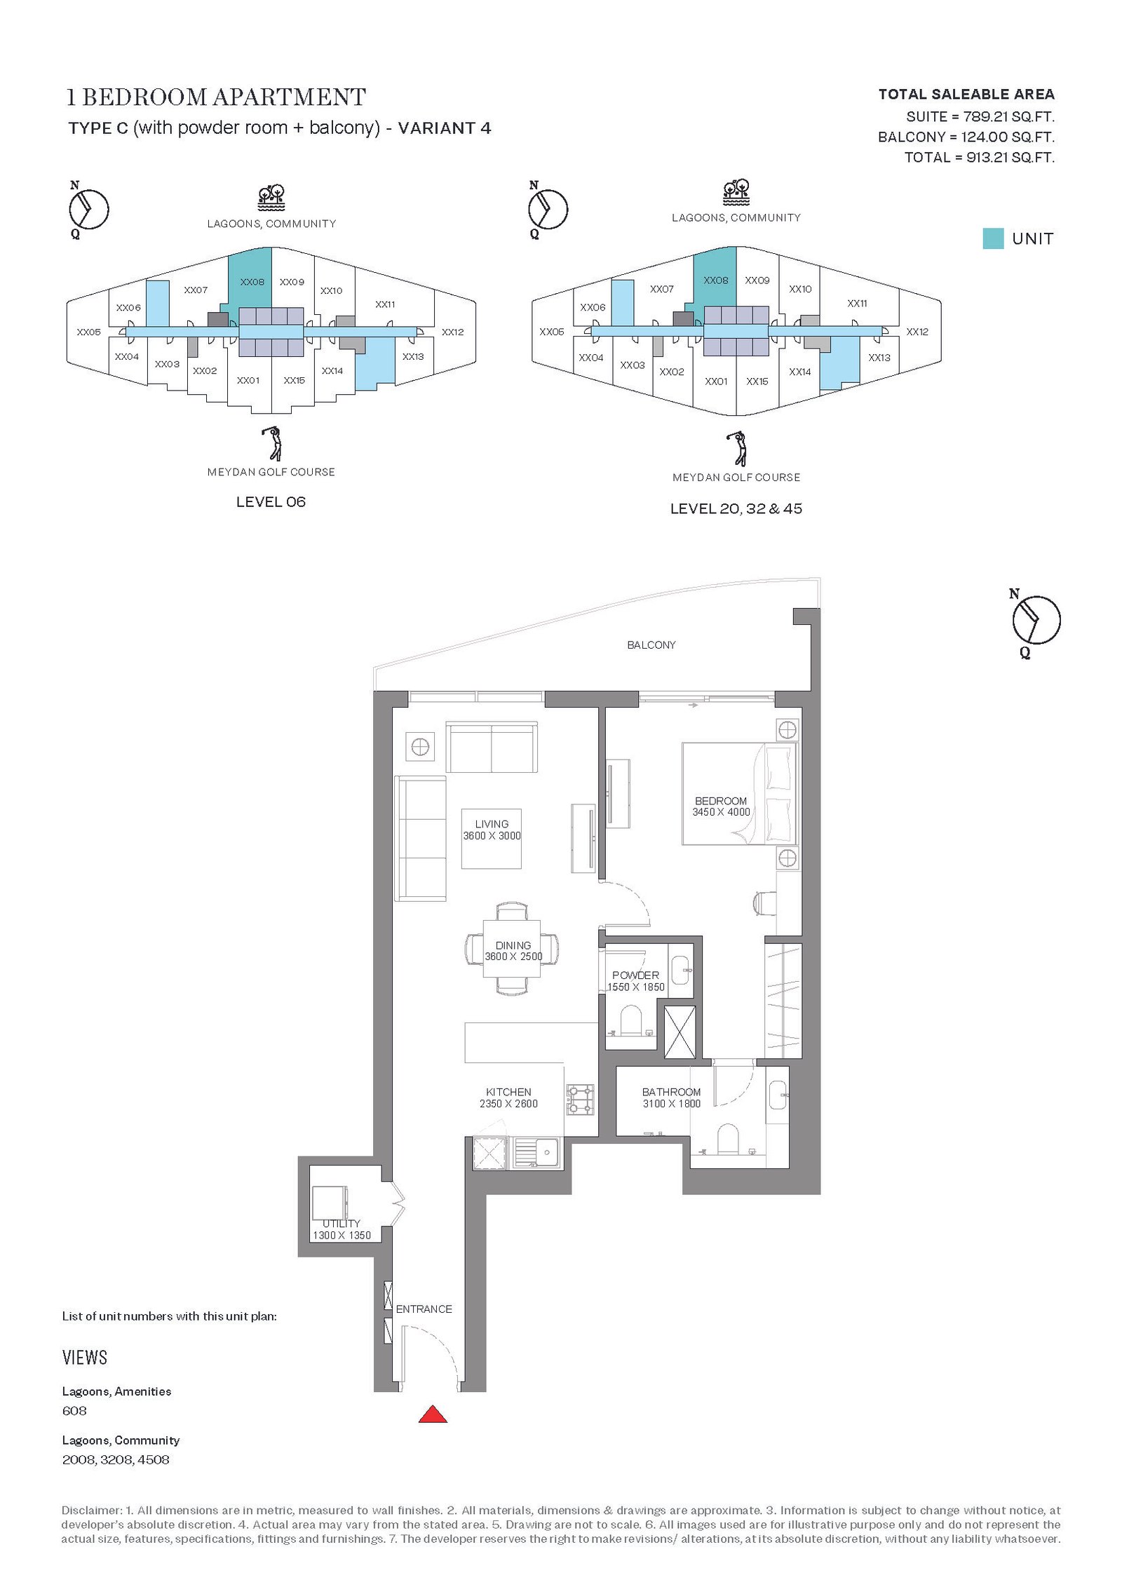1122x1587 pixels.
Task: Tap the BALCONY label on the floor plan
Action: tap(651, 644)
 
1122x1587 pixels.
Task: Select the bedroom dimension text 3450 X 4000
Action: tap(721, 812)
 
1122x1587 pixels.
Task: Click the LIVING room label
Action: tap(492, 824)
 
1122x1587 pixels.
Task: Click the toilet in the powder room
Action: tap(631, 1021)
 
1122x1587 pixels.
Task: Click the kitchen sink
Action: tap(536, 1152)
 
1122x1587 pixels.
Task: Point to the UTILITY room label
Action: tap(342, 1224)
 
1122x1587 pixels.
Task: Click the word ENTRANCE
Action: tap(424, 1309)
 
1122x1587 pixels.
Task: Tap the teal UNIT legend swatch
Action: tap(992, 238)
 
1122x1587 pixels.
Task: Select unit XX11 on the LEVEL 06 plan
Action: tap(385, 304)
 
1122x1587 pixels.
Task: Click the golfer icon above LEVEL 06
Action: tap(272, 443)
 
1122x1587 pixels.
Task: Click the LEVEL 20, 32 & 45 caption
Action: tap(736, 508)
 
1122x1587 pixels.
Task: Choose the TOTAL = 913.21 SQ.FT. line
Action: tap(979, 157)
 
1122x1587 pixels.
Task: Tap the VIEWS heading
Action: tap(85, 1358)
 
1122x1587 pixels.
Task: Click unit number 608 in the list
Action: tap(74, 1410)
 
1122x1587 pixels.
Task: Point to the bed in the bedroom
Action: tap(739, 794)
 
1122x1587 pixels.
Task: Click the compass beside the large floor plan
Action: tap(1036, 620)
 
